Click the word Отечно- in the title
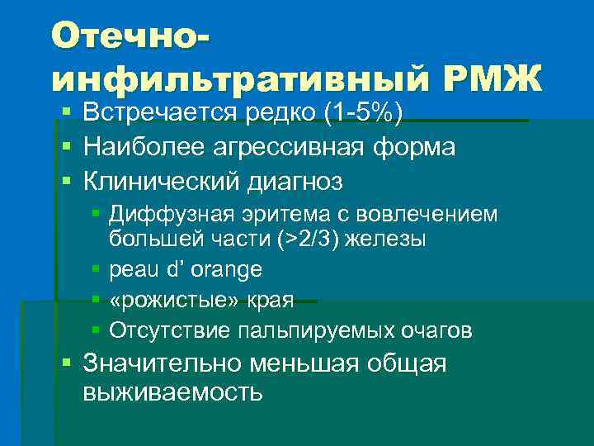tap(130, 38)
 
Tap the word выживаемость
tap(173, 391)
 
